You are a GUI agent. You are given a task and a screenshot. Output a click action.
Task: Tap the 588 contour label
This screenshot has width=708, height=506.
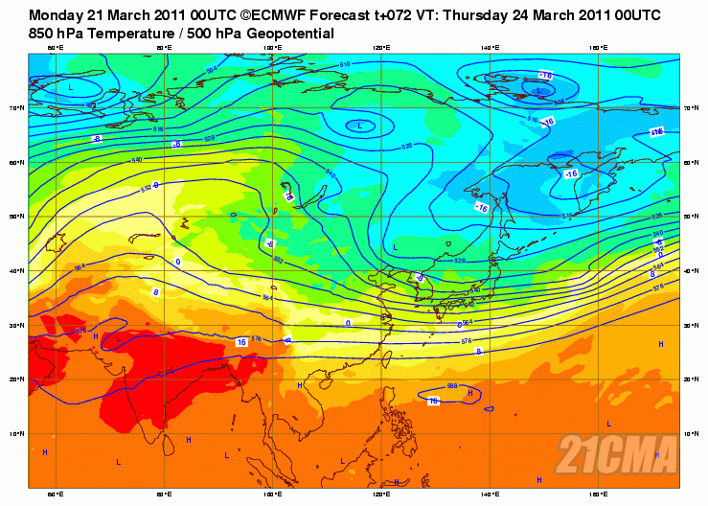click(x=452, y=386)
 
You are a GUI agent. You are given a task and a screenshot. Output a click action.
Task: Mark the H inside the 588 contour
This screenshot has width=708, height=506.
click(x=470, y=393)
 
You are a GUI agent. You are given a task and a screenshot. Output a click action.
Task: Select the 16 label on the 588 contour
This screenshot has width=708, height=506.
click(x=433, y=401)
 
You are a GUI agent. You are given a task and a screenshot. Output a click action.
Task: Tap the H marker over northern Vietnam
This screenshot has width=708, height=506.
click(x=299, y=385)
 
